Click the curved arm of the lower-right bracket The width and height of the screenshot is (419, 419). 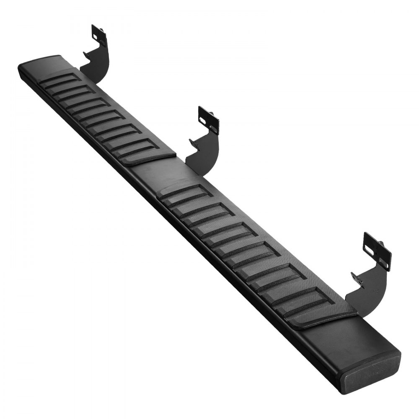click(x=369, y=289)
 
